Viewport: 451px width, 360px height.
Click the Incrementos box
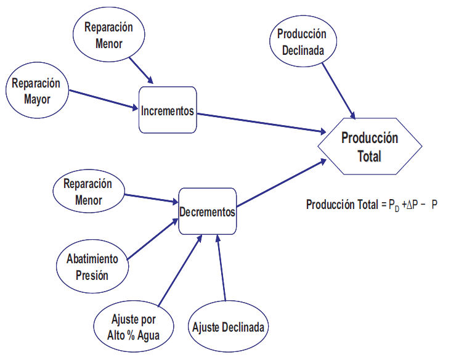(x=168, y=111)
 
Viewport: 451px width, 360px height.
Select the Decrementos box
(x=207, y=211)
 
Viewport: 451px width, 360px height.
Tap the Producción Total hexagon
(x=370, y=147)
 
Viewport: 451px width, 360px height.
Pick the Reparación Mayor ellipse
(x=36, y=90)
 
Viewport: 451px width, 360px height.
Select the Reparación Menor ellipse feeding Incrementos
(x=108, y=35)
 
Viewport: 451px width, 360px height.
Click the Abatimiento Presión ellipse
(x=92, y=266)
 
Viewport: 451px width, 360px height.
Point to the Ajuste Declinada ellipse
(x=229, y=327)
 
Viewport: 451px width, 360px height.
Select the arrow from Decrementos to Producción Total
(x=280, y=184)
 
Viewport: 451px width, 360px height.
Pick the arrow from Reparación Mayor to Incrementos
(x=103, y=100)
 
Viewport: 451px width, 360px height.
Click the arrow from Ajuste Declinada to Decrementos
(x=222, y=269)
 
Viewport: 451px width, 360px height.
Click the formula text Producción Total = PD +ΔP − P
(x=372, y=205)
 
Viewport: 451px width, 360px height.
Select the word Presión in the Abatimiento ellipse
(x=92, y=274)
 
